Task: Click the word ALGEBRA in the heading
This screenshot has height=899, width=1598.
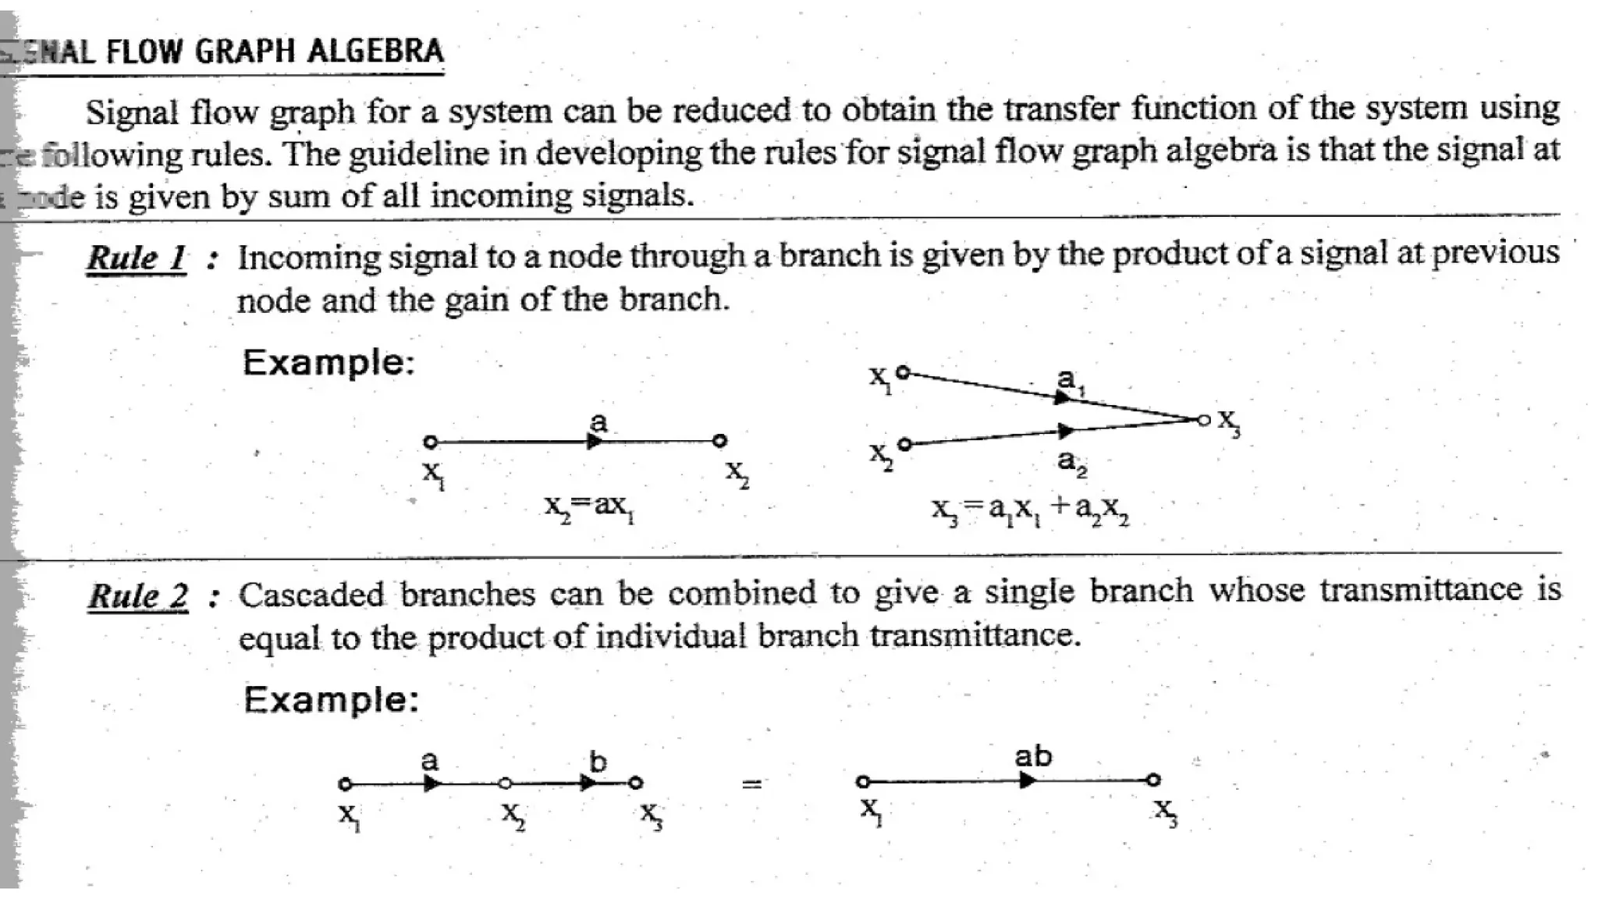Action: click(375, 52)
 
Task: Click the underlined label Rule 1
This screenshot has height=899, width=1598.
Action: click(137, 258)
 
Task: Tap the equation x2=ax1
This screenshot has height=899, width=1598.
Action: click(589, 507)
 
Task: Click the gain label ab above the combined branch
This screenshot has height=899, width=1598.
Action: click(1033, 755)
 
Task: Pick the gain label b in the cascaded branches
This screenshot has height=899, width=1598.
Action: click(598, 761)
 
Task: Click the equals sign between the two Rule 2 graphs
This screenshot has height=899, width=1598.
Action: click(751, 784)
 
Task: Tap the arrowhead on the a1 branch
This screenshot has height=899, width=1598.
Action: click(1062, 398)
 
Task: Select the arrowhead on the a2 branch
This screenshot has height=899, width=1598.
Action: click(1066, 430)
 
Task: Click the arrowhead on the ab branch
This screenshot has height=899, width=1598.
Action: click(1028, 780)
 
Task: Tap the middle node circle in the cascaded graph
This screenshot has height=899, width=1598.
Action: click(505, 783)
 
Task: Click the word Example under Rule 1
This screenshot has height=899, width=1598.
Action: click(328, 363)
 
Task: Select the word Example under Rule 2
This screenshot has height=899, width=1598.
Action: click(331, 699)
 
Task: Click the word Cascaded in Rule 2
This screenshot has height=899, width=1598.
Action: click(311, 595)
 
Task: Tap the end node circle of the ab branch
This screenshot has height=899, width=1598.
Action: click(1153, 780)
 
